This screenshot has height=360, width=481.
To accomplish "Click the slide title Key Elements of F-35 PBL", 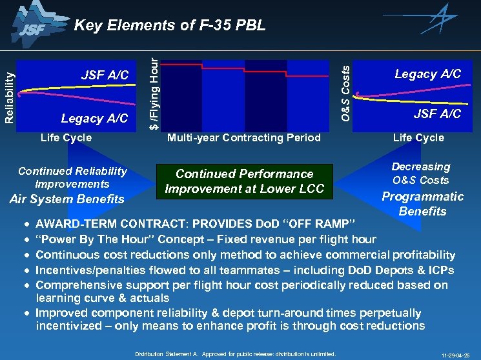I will tap(170, 26).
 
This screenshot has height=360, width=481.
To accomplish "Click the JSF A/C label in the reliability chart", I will tap(105, 76).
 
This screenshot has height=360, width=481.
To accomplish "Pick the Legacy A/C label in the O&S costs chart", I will tap(427, 74).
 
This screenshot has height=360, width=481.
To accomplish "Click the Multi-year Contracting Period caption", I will tap(243, 137).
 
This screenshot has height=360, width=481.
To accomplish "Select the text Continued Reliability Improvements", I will tap(72, 177).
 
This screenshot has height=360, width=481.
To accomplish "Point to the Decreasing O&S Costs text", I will tap(420, 174).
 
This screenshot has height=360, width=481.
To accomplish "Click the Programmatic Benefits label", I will tap(423, 204).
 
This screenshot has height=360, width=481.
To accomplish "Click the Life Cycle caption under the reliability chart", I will tap(66, 137).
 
